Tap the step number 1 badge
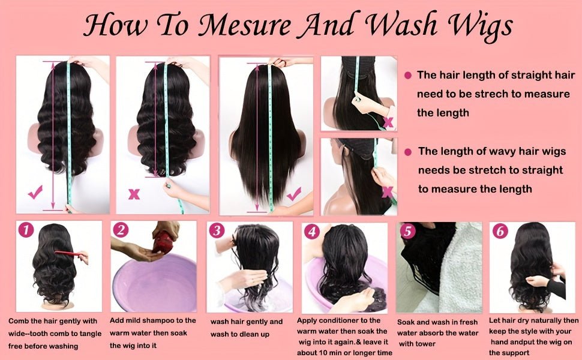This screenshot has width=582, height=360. pos(25,230)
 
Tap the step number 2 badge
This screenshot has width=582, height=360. pos(121,230)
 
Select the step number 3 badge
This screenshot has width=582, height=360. pos(217,231)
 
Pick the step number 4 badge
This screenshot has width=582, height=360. pos(311,231)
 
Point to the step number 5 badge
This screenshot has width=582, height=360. pos(407,231)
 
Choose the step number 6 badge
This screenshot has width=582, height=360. pos(500,231)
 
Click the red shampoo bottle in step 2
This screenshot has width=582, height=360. pos(163,241)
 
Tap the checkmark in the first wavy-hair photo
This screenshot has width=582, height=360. pos(35,193)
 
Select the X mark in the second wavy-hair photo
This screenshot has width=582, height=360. pos(134,194)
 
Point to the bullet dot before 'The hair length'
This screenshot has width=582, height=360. pos(408,76)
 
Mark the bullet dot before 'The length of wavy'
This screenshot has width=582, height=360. pos(409,152)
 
